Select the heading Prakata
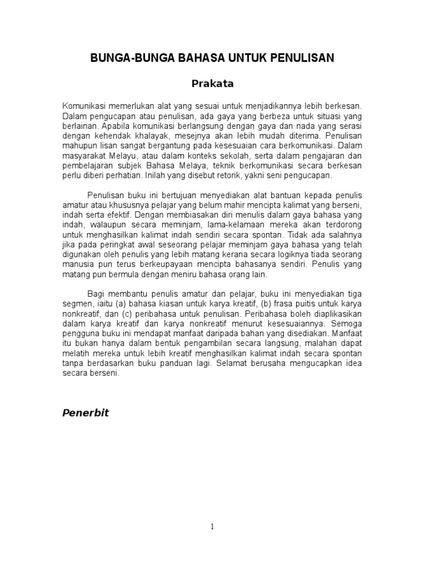(x=212, y=84)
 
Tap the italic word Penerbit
(x=85, y=413)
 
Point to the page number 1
(x=212, y=527)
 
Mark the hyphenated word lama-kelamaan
(x=217, y=225)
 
